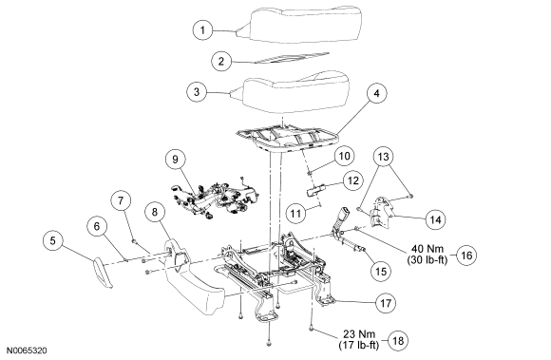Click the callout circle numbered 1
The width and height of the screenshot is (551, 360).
click(x=202, y=30)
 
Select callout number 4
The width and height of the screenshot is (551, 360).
click(x=376, y=93)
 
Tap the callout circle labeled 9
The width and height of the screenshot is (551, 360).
click(x=176, y=160)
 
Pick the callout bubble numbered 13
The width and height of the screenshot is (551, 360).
click(x=384, y=156)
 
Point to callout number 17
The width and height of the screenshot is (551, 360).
click(x=386, y=303)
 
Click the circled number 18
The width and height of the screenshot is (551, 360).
click(x=398, y=340)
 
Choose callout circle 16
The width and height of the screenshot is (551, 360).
click(x=466, y=255)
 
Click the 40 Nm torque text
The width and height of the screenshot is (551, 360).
click(x=427, y=249)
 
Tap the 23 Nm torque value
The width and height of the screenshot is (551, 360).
click(x=359, y=333)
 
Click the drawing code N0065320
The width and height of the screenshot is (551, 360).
click(x=27, y=351)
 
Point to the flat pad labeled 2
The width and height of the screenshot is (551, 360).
click(x=292, y=58)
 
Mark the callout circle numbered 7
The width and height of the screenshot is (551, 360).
click(x=121, y=200)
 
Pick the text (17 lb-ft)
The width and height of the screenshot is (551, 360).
click(x=359, y=345)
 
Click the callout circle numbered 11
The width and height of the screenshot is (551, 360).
click(x=295, y=213)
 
